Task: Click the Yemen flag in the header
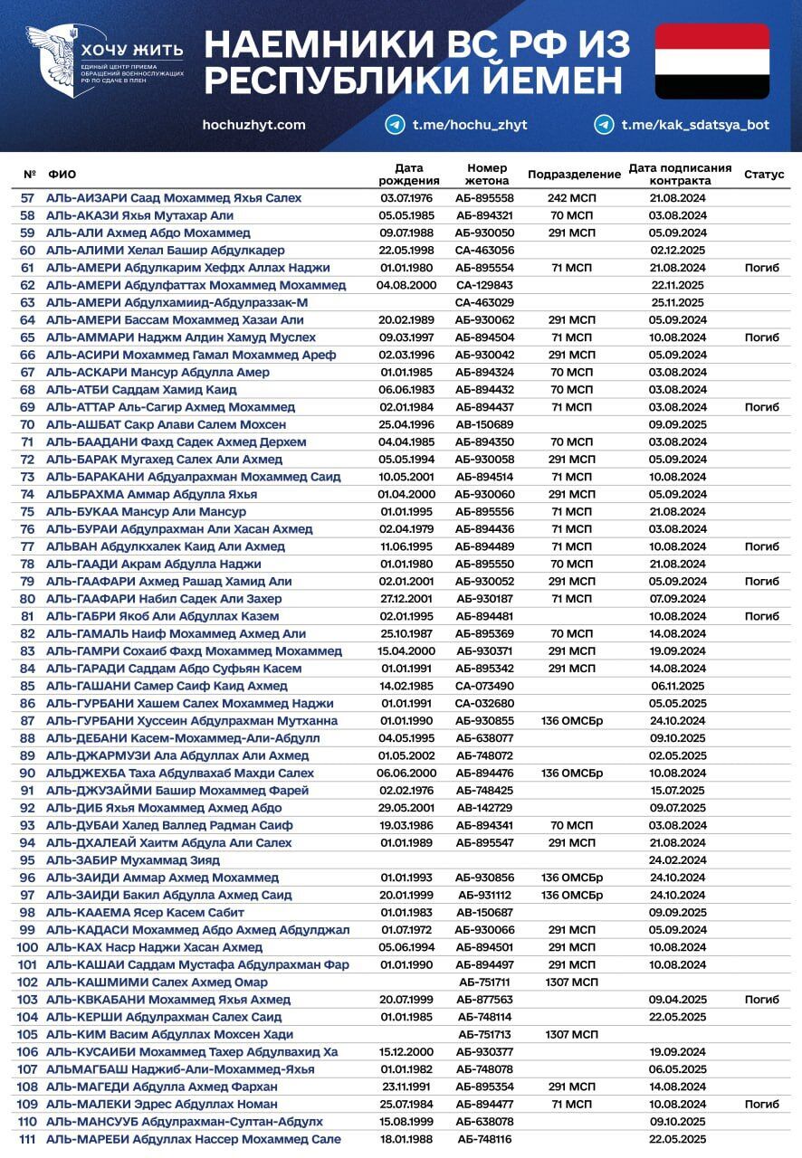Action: [x=711, y=61]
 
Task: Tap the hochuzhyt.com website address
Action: [x=254, y=125]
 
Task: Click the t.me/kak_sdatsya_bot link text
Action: [x=695, y=125]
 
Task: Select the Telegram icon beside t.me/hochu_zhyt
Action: [x=395, y=125]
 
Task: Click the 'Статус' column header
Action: [x=764, y=174]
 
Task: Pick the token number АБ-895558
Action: [x=484, y=198]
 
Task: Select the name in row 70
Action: [x=166, y=424]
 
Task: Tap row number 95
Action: [x=27, y=860]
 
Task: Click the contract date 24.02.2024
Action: [x=677, y=860]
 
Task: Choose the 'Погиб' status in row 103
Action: [x=761, y=1000]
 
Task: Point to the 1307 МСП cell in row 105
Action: [x=571, y=1034]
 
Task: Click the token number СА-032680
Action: [x=484, y=704]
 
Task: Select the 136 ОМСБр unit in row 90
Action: [x=571, y=774]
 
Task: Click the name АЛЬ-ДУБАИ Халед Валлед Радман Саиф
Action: [x=169, y=825]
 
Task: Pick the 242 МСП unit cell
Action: [x=571, y=198]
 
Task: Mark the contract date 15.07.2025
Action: [x=677, y=791]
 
